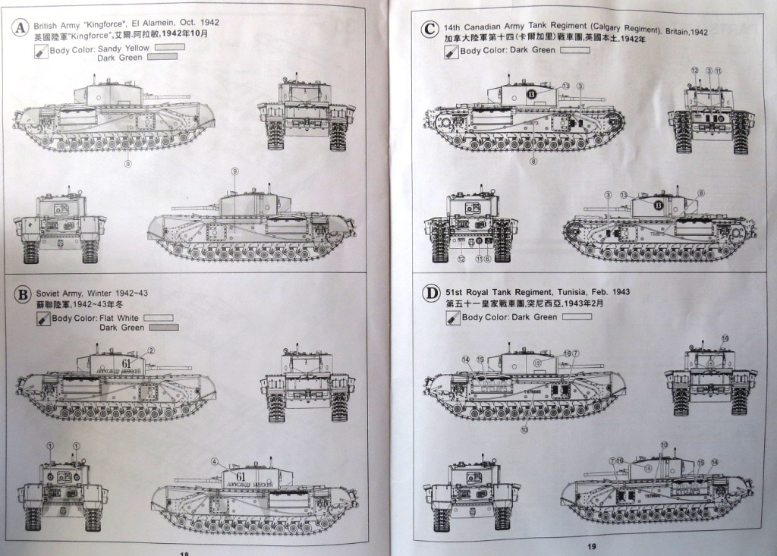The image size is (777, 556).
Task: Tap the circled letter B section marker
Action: point(23,294)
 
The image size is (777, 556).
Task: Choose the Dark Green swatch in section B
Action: point(164,328)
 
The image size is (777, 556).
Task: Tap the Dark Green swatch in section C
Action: point(574,50)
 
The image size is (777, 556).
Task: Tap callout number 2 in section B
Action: point(151,350)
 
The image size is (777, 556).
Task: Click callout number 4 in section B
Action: point(215,461)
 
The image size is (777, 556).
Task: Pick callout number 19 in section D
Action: point(725,338)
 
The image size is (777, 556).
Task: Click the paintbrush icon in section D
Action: point(452,317)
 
